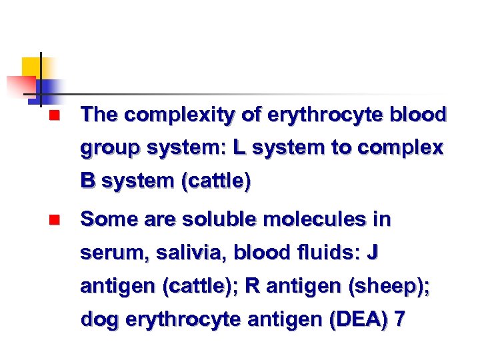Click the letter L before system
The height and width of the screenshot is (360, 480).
239,148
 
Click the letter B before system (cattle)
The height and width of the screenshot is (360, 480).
87,181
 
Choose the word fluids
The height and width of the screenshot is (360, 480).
323,253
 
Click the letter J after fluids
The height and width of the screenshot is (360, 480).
373,253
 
